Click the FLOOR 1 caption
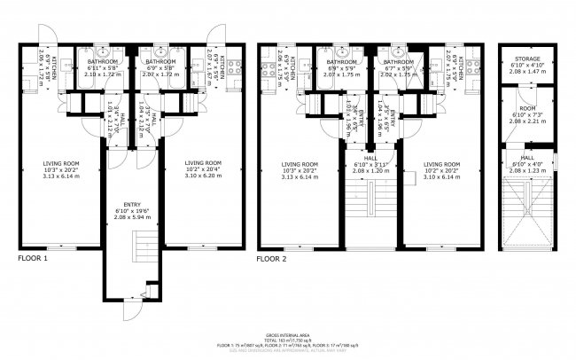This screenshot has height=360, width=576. pos(34,259)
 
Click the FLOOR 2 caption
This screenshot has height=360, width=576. pos(271,259)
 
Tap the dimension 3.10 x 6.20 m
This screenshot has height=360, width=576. pos(204,176)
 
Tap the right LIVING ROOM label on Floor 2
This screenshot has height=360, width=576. pos(442,169)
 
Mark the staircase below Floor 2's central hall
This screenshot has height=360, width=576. pos(370,208)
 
